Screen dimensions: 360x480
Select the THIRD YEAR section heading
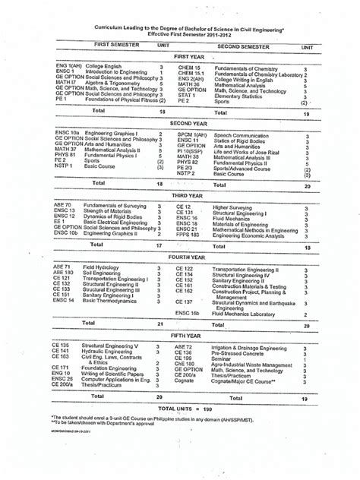click(188, 195)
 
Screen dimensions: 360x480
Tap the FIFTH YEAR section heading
click(188, 334)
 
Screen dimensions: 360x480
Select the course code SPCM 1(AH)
click(191, 134)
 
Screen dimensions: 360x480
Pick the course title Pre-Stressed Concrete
click(241, 352)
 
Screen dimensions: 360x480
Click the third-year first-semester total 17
click(159, 246)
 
